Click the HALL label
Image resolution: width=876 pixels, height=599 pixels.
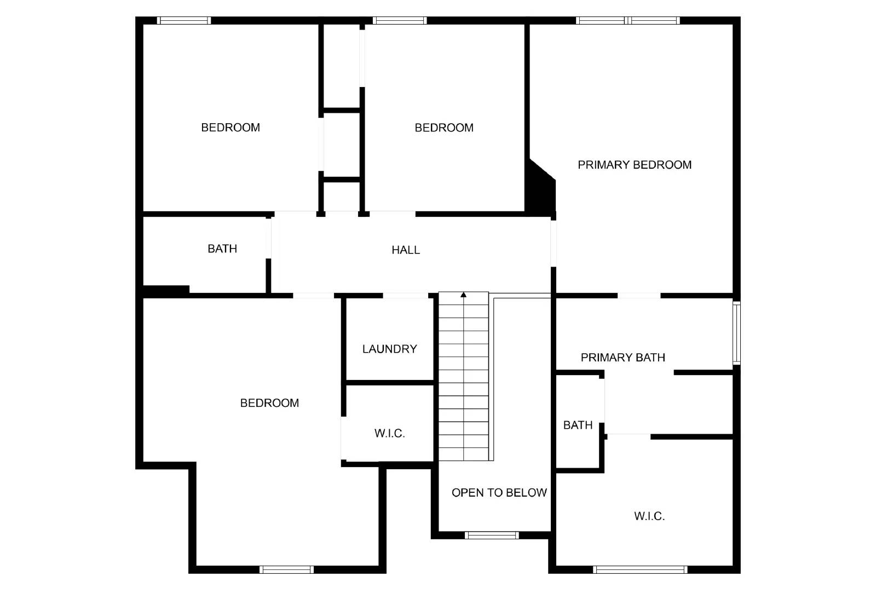pos(406,250)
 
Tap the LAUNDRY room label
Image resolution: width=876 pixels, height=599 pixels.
pos(389,349)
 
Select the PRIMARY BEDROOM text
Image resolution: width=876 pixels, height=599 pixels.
pos(635,165)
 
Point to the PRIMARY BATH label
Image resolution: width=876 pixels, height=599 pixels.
pos(623,358)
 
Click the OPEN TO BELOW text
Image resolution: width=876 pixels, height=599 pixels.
pos(499,493)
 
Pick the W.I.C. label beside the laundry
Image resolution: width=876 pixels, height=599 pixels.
pos(389,434)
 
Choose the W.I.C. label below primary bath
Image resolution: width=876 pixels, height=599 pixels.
pos(649,516)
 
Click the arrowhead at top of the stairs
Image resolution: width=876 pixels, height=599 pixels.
pos(464,295)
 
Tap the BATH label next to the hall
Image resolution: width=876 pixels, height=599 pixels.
pos(222,249)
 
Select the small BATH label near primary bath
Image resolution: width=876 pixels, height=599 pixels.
pos(578,425)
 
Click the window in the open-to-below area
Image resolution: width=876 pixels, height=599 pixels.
pos(491,535)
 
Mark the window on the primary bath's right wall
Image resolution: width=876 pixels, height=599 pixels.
pos(736,333)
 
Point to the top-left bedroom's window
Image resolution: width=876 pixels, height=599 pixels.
pos(184,21)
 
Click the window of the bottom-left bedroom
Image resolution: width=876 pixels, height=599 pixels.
pos(286,569)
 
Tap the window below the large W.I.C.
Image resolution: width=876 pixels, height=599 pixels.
pos(639,569)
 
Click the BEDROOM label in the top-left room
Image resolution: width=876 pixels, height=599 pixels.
pos(230,128)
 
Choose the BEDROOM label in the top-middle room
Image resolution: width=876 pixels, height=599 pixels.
pos(444,128)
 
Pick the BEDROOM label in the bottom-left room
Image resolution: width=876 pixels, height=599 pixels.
pos(269,403)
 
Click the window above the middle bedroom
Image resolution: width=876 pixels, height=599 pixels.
pos(400,21)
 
